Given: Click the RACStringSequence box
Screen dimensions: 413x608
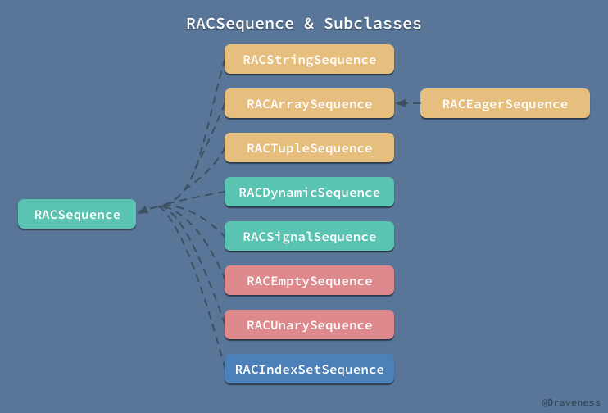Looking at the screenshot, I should tap(309, 60).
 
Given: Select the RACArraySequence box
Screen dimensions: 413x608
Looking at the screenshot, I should tap(309, 104).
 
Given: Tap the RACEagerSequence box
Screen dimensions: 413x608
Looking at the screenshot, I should tap(505, 104).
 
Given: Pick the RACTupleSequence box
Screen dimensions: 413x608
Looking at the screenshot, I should tap(309, 148).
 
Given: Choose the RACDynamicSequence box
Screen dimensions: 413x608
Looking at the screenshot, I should tap(309, 193).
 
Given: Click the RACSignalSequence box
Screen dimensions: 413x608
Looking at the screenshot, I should tap(309, 237).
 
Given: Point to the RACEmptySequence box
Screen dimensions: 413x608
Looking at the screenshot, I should tap(309, 281).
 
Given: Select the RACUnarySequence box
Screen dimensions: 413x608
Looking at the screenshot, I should tap(309, 325).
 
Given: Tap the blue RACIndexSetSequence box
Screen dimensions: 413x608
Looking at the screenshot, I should tap(309, 370).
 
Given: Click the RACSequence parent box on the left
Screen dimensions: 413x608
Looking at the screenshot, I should tap(77, 215).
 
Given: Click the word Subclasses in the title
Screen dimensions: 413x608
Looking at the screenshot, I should tap(373, 23).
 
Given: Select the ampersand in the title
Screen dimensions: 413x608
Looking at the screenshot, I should tap(309, 23).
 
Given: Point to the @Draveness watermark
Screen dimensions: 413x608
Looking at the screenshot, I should tap(570, 402).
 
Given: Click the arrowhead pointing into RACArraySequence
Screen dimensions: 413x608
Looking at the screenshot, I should tap(400, 104).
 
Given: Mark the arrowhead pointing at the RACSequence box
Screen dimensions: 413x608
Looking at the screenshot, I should tap(143, 211).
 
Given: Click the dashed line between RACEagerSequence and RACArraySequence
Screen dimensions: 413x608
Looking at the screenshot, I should tap(412, 104).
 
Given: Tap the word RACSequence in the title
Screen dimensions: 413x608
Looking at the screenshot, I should tap(240, 23).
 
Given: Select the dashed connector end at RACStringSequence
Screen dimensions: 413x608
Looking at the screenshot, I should tap(222, 64).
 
